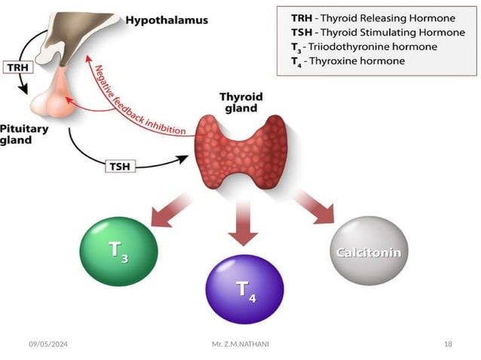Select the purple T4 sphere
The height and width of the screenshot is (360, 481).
pos(244,288)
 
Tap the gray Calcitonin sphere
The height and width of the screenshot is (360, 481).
pos(367,252)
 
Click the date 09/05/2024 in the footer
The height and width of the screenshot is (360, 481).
pos(48,344)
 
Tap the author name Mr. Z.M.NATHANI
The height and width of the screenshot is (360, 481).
pos(240,344)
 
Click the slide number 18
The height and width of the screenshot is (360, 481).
pos(448,344)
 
